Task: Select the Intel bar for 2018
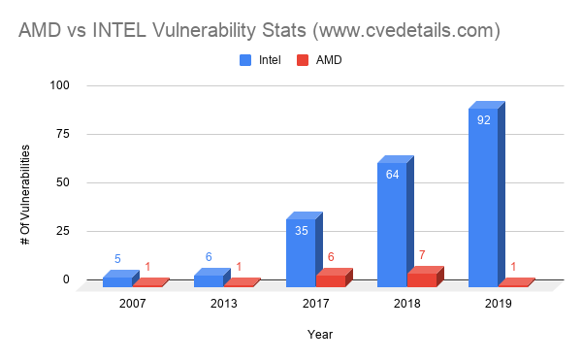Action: click(392, 224)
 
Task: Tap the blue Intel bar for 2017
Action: click(301, 252)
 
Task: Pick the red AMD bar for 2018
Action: click(422, 278)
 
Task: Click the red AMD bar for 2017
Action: click(331, 279)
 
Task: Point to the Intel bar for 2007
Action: click(117, 280)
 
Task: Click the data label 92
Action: click(482, 121)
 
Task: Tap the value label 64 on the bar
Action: click(391, 176)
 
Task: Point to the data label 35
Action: click(300, 231)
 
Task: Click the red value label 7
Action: click(423, 255)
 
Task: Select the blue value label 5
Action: click(117, 259)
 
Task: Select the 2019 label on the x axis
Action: click(498, 303)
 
